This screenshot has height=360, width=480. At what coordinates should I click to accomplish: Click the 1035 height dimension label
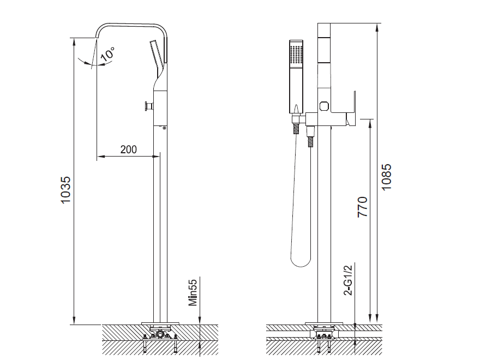(x=65, y=189)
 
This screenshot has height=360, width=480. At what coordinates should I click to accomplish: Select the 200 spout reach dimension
(x=129, y=149)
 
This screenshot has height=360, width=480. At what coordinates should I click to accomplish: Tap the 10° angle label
(x=107, y=54)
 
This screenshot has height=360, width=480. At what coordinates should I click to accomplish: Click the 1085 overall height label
(x=387, y=177)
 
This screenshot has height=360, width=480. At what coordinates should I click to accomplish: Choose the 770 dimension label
(x=362, y=207)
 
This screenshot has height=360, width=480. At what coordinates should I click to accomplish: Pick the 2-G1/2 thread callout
(x=348, y=280)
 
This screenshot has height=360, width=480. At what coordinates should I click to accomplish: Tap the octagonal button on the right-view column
(x=324, y=106)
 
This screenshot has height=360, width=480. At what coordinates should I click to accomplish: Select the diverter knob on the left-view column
(x=149, y=106)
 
